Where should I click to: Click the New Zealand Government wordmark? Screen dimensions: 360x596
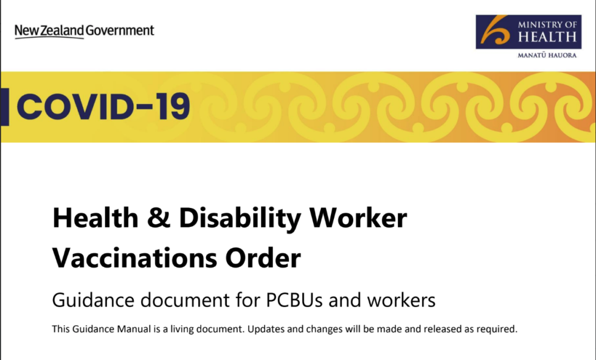click(x=85, y=30)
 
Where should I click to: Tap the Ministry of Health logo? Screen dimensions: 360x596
click(x=526, y=32)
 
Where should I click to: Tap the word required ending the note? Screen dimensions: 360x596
click(x=498, y=330)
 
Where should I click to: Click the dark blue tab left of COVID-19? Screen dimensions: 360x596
click(x=4, y=107)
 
